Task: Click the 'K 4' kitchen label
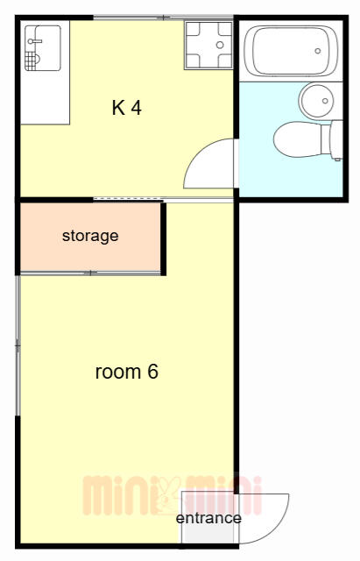[x=126, y=107]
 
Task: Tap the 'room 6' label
[x=126, y=372]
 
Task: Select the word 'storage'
[x=90, y=236]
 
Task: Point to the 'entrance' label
[x=208, y=518]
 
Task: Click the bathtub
[x=291, y=51]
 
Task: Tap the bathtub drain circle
[x=317, y=51]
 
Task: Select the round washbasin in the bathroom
[x=317, y=102]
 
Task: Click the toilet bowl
[x=298, y=139]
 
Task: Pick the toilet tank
[x=336, y=140]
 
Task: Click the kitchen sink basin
[x=43, y=48]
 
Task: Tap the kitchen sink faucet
[x=34, y=41]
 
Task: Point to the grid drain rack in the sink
[x=32, y=60]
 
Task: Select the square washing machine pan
[x=208, y=45]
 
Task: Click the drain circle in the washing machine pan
[x=220, y=45]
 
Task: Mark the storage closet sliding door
[x=90, y=273]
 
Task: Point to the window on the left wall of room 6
[x=18, y=345]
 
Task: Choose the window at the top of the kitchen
[x=164, y=17]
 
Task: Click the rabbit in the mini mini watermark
[x=167, y=495]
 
